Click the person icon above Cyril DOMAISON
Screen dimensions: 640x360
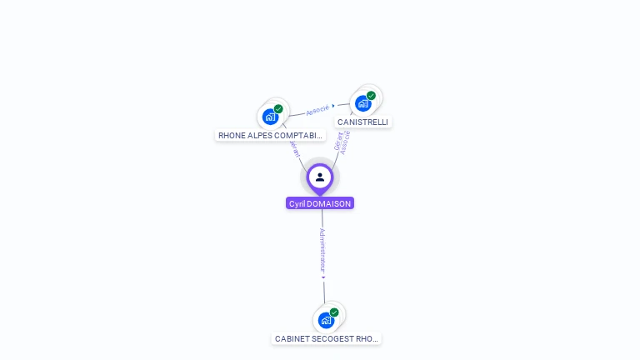320,177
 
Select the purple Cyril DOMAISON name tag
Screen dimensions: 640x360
320,203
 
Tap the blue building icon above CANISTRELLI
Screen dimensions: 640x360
362,103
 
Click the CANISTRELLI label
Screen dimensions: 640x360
362,122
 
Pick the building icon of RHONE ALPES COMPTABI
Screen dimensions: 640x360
270,117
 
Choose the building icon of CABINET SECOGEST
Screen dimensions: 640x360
326,320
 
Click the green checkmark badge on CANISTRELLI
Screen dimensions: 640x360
371,96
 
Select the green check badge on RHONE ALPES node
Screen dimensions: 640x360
278,109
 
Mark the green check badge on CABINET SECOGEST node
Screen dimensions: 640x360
334,312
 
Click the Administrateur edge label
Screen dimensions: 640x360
322,249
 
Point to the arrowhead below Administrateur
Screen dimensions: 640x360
323,277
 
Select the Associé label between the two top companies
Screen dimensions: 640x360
317,110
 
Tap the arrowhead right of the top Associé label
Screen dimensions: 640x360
333,106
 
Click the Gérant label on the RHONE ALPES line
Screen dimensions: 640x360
295,148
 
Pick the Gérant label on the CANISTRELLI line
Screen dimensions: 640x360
338,140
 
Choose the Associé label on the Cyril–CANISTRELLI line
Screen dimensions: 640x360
346,142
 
